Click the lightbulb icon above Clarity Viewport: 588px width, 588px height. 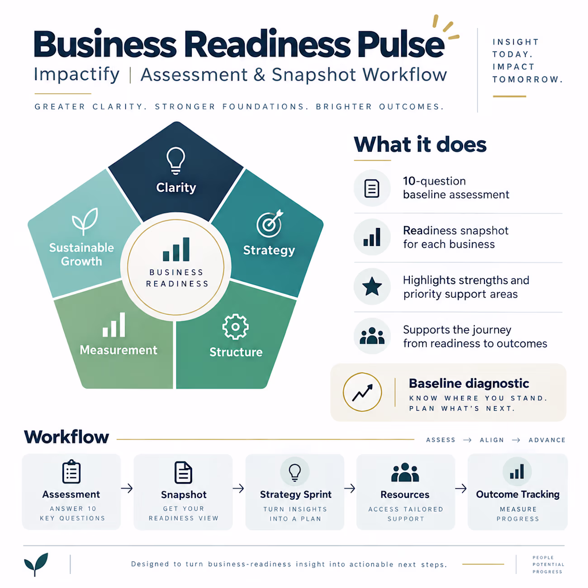[175, 161]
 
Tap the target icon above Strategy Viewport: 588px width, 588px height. [270, 223]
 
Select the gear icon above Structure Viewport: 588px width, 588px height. [235, 327]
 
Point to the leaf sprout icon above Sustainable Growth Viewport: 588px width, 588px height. [85, 221]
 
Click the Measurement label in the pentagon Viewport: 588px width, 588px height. [119, 350]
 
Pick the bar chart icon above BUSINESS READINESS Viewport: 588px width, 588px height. [176, 249]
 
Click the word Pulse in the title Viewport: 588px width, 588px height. [401, 44]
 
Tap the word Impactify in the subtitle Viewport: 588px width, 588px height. [76, 75]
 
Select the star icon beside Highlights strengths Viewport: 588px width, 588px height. [372, 286]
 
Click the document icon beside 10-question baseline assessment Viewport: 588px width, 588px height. [372, 188]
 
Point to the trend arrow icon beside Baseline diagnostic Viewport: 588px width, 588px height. [362, 392]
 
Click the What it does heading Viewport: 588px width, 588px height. [420, 144]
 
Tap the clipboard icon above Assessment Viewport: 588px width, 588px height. [71, 471]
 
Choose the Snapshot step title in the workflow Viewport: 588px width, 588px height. [184, 495]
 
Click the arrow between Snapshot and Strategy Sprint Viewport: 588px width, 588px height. [238, 488]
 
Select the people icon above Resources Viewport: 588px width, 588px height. [405, 472]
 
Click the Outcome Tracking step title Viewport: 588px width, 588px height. [517, 494]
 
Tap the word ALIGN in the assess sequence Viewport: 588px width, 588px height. [492, 440]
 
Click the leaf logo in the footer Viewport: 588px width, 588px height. [36, 564]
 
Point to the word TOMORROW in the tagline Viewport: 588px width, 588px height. [527, 79]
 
